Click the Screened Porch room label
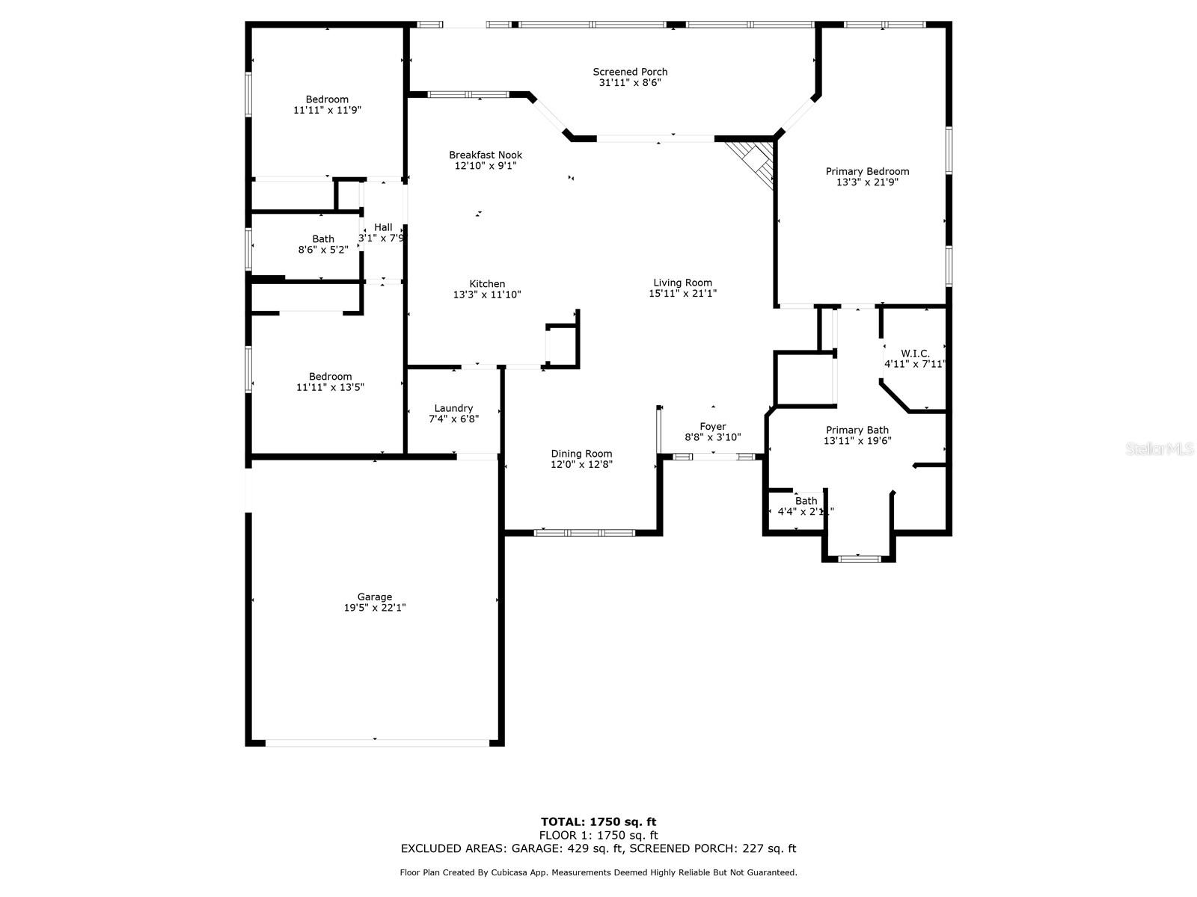click(x=630, y=72)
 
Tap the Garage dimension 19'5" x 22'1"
click(x=374, y=608)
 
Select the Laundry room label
click(x=453, y=408)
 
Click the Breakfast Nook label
click(x=486, y=155)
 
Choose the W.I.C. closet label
click(x=915, y=353)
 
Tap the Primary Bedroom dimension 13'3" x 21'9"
click(x=867, y=182)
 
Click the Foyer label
click(x=712, y=426)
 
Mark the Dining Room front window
click(x=584, y=533)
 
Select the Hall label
click(x=383, y=227)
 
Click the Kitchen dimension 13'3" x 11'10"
click(x=487, y=295)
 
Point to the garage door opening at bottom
click(x=377, y=742)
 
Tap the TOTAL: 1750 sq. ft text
click(x=598, y=822)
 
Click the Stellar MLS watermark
click(x=1160, y=449)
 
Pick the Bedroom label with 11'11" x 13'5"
click(x=330, y=376)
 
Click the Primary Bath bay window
click(x=858, y=558)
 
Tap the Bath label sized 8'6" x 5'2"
click(x=323, y=238)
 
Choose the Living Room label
click(x=682, y=283)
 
